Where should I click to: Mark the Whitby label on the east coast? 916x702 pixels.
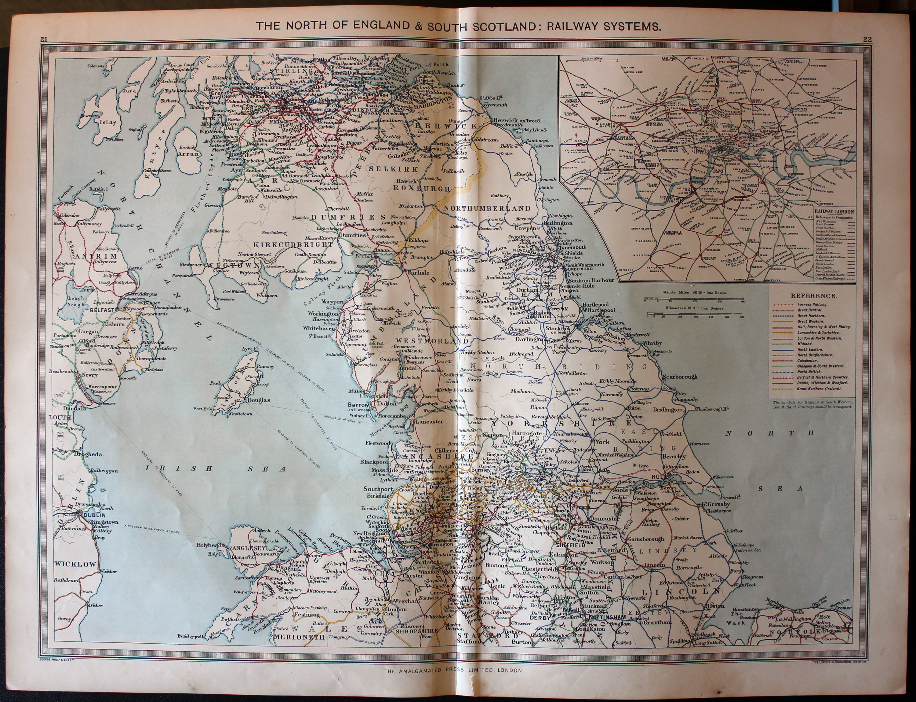pos(652,343)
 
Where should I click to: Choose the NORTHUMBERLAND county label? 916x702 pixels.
pos(487,208)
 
